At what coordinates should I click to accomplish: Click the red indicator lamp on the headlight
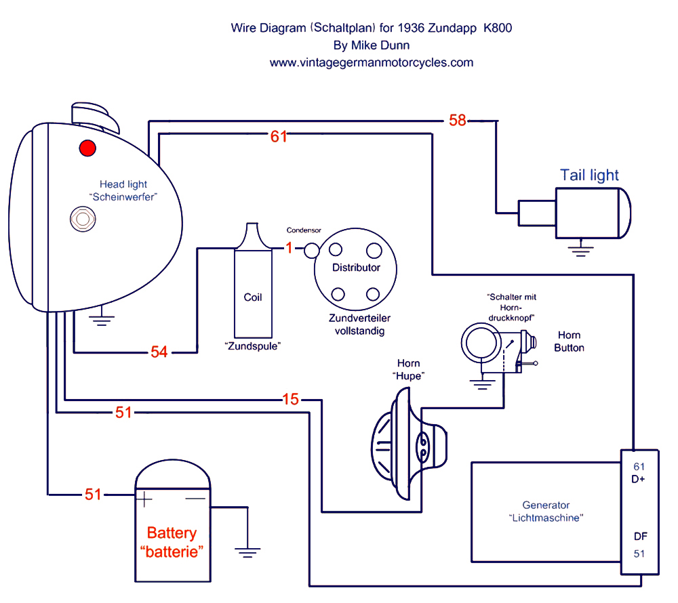(87, 147)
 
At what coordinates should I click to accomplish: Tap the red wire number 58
(458, 121)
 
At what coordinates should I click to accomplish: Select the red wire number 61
(279, 136)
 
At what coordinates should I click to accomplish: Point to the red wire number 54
(159, 352)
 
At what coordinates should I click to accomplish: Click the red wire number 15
(290, 400)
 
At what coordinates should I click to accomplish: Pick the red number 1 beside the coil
(288, 249)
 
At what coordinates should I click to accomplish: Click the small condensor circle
(311, 250)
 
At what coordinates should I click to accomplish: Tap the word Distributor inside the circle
(356, 268)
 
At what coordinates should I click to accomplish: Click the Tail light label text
(589, 175)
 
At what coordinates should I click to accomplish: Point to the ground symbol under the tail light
(580, 251)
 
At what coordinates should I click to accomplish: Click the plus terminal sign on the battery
(144, 500)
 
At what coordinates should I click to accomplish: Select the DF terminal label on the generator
(640, 537)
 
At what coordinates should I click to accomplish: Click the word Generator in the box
(546, 505)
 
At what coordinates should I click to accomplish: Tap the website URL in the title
(371, 62)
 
